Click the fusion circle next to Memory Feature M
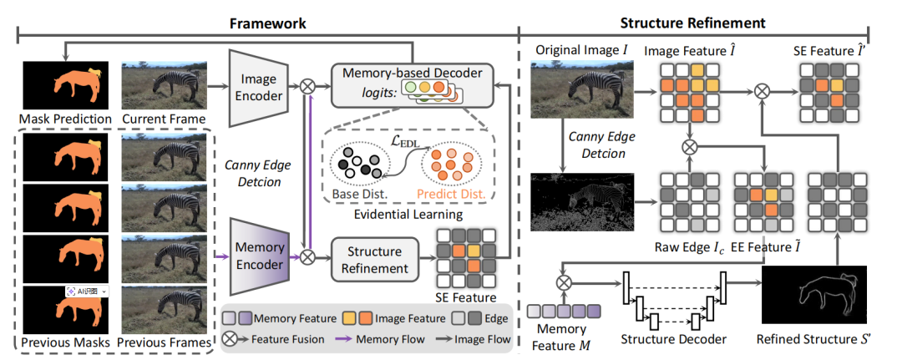564,282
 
